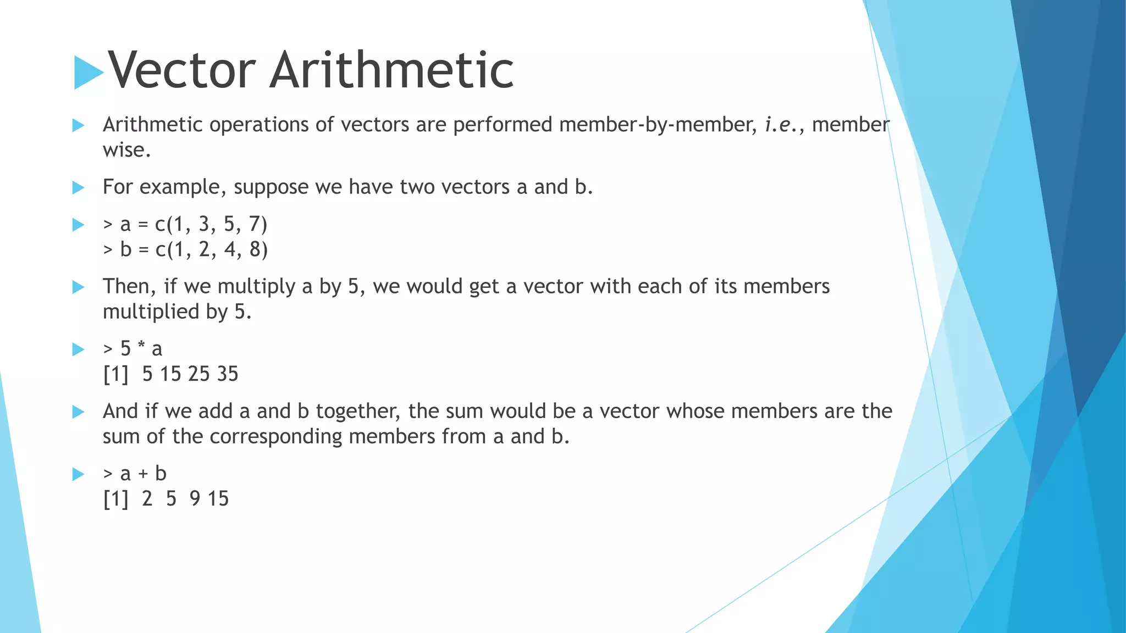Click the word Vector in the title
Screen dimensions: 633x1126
181,70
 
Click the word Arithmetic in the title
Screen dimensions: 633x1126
391,70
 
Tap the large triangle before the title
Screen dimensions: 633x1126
88,72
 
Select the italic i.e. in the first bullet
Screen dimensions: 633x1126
780,125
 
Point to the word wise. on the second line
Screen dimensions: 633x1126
126,150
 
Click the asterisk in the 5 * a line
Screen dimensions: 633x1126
141,347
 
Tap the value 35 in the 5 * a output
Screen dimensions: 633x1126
227,374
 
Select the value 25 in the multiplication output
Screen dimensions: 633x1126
198,374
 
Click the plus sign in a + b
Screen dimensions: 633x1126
143,474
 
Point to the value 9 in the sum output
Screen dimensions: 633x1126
195,499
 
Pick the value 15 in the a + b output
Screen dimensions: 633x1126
218,499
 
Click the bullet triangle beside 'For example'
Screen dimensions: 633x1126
78,188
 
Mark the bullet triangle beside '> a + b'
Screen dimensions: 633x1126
78,474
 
